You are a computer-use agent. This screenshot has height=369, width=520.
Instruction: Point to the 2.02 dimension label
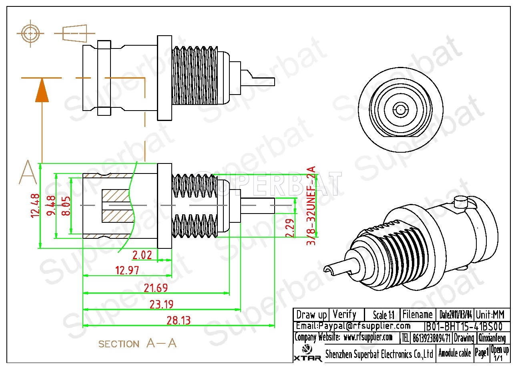(142, 255)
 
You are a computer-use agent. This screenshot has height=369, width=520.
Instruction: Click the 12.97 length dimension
(127, 270)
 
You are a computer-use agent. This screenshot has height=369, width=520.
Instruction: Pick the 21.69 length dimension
(155, 288)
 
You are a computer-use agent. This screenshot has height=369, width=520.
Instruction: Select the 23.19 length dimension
(161, 304)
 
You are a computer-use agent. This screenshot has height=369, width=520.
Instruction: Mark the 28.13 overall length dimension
(178, 321)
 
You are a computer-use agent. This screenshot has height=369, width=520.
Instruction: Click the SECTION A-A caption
(137, 343)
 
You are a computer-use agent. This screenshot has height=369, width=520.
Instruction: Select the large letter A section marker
(28, 173)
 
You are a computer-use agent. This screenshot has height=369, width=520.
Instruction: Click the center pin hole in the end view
(399, 108)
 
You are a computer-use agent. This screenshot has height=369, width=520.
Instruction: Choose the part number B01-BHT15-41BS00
(463, 326)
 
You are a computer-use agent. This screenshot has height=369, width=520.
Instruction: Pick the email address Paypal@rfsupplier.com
(353, 326)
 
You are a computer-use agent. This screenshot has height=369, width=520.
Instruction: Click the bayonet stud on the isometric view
(461, 202)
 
